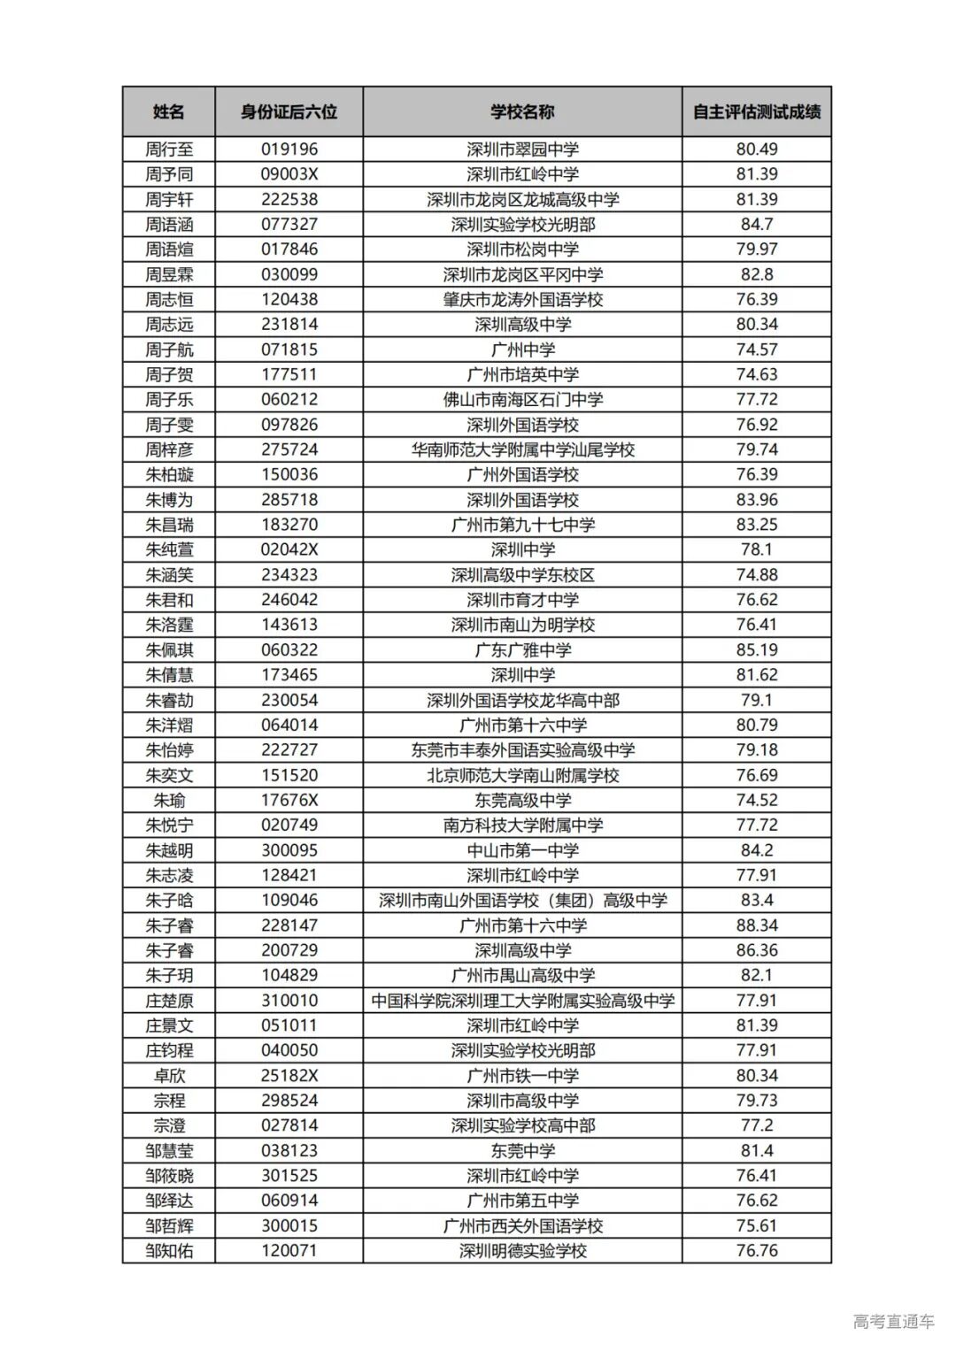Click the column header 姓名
(x=169, y=112)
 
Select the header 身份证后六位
(x=289, y=112)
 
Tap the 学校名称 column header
(x=522, y=112)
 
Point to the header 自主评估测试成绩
(x=757, y=112)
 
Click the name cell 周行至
(x=169, y=150)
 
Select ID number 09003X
(x=289, y=174)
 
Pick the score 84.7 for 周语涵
(x=757, y=225)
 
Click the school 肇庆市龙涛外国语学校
(x=522, y=300)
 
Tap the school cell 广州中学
(x=522, y=349)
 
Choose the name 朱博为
(x=169, y=500)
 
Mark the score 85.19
(x=757, y=650)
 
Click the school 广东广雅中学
(x=522, y=650)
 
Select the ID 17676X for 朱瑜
(x=289, y=801)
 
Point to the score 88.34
(x=757, y=925)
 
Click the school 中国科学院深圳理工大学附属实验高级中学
(x=522, y=1001)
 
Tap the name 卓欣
(x=169, y=1076)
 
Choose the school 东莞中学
(x=522, y=1151)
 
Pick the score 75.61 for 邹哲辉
(x=757, y=1226)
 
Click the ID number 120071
(x=289, y=1251)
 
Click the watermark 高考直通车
(x=893, y=1322)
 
